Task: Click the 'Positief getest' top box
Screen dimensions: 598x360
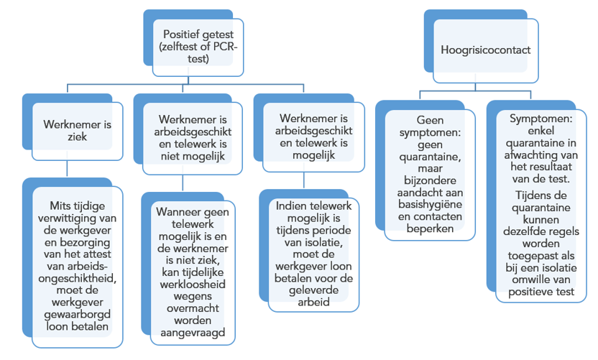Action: [x=198, y=47]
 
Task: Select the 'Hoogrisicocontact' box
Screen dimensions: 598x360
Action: [x=486, y=51]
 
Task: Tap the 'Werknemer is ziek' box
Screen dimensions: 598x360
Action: [x=78, y=131]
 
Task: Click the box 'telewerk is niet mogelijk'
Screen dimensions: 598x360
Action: [x=193, y=139]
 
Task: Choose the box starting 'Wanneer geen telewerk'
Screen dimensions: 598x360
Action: [x=193, y=272]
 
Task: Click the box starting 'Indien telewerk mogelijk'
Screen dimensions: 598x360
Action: [x=313, y=254]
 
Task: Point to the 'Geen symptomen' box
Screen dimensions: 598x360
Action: [x=430, y=175]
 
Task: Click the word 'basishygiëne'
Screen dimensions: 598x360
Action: [x=430, y=204]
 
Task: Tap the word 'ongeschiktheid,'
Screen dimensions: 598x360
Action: [x=78, y=278]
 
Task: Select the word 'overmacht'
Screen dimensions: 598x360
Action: [x=193, y=308]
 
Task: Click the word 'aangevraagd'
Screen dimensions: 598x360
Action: [x=193, y=333]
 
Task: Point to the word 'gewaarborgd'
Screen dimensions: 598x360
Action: [x=78, y=315]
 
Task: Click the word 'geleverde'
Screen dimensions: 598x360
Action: [x=313, y=290]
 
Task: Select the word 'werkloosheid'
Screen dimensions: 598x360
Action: [x=193, y=285]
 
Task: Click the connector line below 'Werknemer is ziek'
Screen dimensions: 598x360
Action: [x=67, y=169]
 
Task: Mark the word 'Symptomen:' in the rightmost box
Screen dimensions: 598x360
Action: [x=540, y=119]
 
